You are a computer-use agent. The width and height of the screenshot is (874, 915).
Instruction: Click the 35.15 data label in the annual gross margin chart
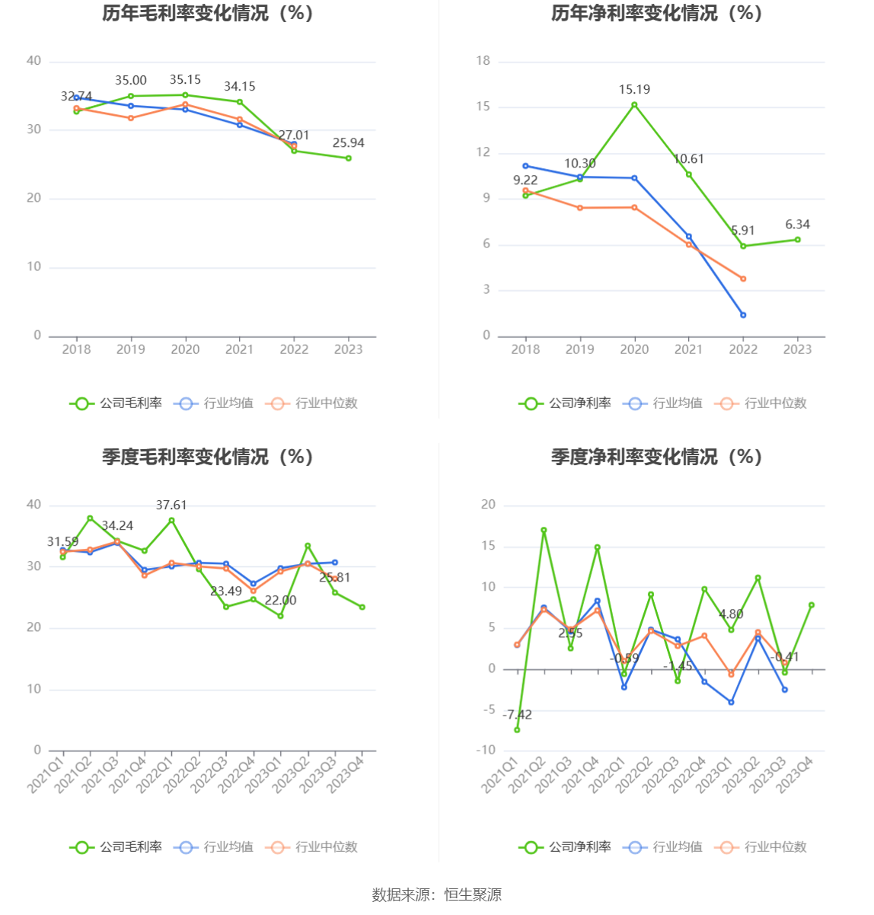(x=185, y=80)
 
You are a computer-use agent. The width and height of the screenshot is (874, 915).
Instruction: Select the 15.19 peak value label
(x=634, y=90)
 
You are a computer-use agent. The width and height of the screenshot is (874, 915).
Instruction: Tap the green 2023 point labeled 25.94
(x=349, y=158)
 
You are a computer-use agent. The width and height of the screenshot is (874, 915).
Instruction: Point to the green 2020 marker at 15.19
(x=634, y=105)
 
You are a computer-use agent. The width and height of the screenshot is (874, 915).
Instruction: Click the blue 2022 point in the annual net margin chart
(x=743, y=315)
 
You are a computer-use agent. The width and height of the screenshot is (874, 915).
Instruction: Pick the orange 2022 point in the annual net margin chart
(x=743, y=279)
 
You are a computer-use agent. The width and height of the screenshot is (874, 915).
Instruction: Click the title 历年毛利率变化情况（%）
(x=208, y=13)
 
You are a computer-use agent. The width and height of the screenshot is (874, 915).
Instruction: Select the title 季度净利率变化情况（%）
(x=657, y=457)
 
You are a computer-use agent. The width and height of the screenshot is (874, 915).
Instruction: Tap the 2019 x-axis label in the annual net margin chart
(x=580, y=349)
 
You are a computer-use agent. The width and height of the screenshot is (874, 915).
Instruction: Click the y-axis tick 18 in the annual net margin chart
(x=483, y=61)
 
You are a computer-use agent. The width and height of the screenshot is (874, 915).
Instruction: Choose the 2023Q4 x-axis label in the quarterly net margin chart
(x=796, y=775)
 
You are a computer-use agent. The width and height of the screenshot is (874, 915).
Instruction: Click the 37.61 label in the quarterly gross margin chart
(x=171, y=505)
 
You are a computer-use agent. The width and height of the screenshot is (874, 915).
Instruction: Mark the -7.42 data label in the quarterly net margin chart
(x=517, y=715)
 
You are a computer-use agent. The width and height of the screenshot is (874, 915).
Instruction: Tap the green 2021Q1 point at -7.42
(x=517, y=730)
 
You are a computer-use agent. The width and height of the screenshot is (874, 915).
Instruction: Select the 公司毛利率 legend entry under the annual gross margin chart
(x=116, y=403)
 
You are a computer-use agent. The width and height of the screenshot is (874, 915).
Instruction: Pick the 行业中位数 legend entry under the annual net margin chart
(x=761, y=403)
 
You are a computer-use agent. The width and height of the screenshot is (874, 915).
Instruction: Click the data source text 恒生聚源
(x=473, y=895)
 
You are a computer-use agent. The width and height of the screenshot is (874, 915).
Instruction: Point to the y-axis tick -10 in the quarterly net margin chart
(x=486, y=751)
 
